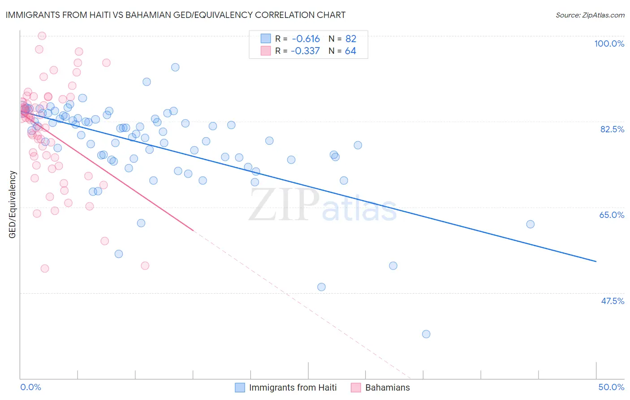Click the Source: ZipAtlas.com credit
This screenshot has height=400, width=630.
tap(590, 15)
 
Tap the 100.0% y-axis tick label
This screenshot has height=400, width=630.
tap(609, 43)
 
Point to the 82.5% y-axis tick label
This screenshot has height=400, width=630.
tap(612, 129)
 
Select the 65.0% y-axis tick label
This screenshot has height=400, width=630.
tap(612, 215)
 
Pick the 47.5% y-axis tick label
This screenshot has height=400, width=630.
tap(612, 301)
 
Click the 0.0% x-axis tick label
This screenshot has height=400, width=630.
tap(30, 387)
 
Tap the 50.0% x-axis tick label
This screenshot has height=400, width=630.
tap(611, 387)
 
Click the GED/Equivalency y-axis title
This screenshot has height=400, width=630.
tap(13, 204)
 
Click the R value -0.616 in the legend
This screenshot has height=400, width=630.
tap(306, 39)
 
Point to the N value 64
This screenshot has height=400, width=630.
tap(350, 51)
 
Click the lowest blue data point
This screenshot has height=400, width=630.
tap(426, 334)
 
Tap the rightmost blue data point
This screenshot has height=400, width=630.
tap(531, 224)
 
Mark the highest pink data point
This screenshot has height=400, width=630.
tap(42, 36)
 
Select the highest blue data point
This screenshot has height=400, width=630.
tap(175, 67)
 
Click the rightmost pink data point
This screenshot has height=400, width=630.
tap(145, 266)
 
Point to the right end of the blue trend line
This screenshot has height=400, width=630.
tap(596, 261)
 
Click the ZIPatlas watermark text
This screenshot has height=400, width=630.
tap(323, 205)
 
